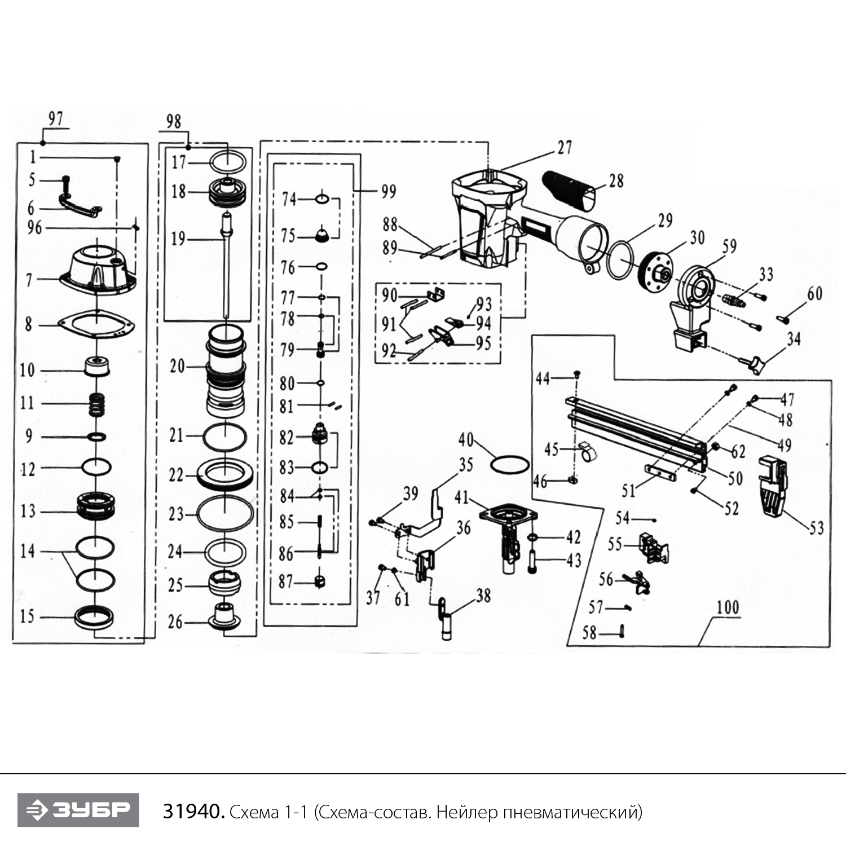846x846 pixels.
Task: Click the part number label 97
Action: [55, 119]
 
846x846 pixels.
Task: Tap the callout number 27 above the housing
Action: [565, 148]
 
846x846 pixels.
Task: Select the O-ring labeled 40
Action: [510, 465]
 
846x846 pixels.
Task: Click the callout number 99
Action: [389, 192]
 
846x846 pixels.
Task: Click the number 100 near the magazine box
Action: [728, 607]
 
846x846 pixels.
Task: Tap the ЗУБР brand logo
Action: [78, 810]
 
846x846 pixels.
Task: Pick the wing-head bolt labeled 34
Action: [756, 364]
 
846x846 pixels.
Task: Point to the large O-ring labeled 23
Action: [225, 514]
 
